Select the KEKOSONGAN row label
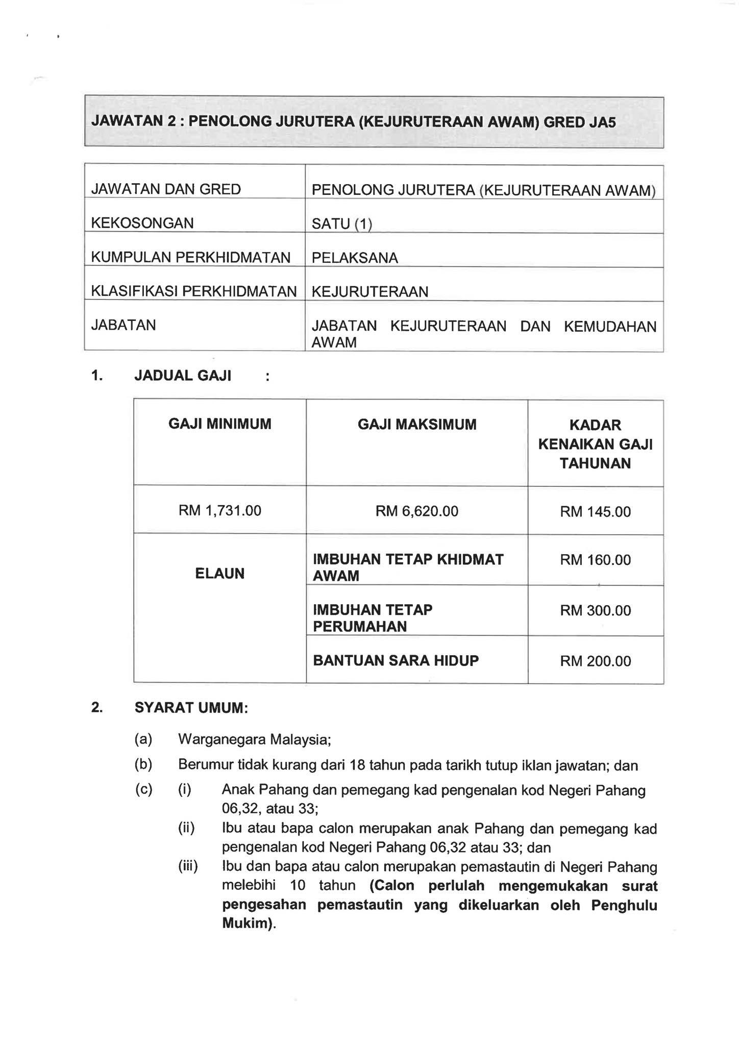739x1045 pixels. (x=142, y=223)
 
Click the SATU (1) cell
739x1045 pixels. (x=341, y=223)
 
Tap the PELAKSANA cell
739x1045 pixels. (x=355, y=258)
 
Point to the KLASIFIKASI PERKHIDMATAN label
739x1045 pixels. (x=193, y=291)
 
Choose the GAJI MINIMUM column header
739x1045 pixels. (x=220, y=424)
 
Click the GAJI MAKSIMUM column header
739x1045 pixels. (x=417, y=424)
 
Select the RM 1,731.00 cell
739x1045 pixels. (x=220, y=510)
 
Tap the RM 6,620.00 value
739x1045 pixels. (x=417, y=511)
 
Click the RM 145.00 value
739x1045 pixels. (x=595, y=511)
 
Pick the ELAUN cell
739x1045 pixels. (x=220, y=574)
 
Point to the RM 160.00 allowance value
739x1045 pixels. (x=595, y=560)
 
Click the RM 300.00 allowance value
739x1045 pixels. (x=595, y=610)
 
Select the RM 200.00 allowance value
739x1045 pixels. (x=595, y=661)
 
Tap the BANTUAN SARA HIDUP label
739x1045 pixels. (x=396, y=661)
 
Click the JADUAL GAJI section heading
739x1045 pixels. (x=183, y=376)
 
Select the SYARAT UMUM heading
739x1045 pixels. (x=191, y=708)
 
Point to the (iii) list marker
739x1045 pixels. (x=188, y=866)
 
